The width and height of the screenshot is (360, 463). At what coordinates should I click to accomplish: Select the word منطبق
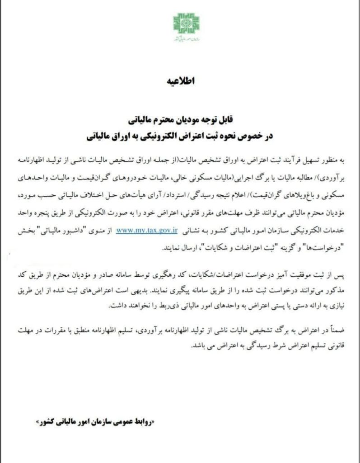(x=103, y=333)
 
